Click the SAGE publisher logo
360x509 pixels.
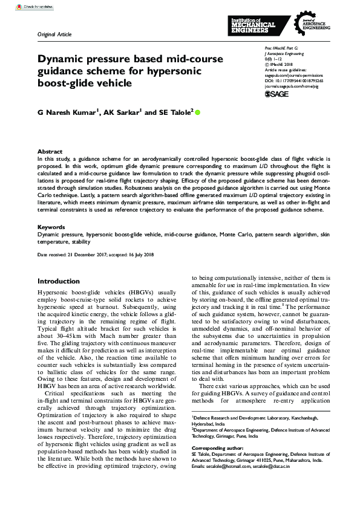pos(277,94)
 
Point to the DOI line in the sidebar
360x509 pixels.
pos(294,80)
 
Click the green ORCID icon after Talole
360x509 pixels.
pos(197,112)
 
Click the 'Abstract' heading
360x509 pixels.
pos(50,152)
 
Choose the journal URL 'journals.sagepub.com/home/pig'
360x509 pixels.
pos(293,85)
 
